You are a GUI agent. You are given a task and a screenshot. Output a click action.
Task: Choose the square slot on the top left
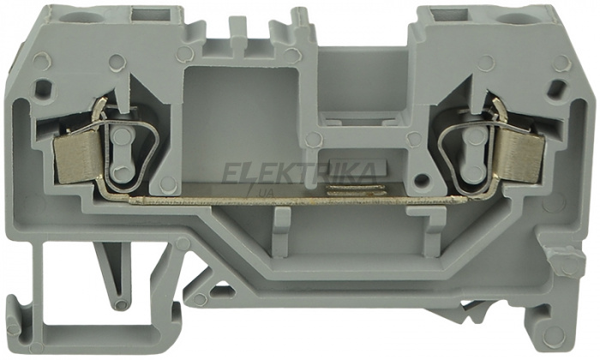150,15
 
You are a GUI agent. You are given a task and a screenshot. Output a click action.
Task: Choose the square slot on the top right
449,15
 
